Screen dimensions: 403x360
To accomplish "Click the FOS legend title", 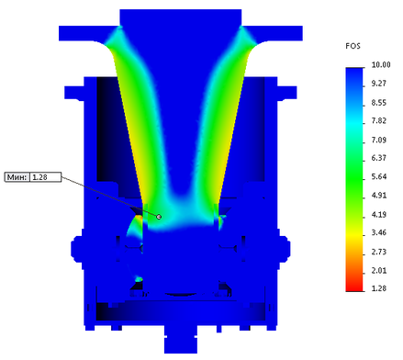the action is pos(353,46).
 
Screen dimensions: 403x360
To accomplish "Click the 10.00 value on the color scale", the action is pos(381,65).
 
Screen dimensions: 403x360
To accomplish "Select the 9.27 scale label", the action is pos(379,84).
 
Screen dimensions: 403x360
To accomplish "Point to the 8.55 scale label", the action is pos(379,103).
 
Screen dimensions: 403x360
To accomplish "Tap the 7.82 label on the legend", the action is pos(379,120).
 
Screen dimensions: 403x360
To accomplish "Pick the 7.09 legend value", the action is pos(379,140).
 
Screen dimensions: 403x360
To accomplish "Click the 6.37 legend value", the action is pos(379,158).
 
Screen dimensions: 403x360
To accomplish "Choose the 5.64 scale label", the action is pos(379,176).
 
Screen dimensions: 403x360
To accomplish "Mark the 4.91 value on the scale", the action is pos(379,196).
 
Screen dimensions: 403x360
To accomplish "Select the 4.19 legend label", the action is pos(379,214).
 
